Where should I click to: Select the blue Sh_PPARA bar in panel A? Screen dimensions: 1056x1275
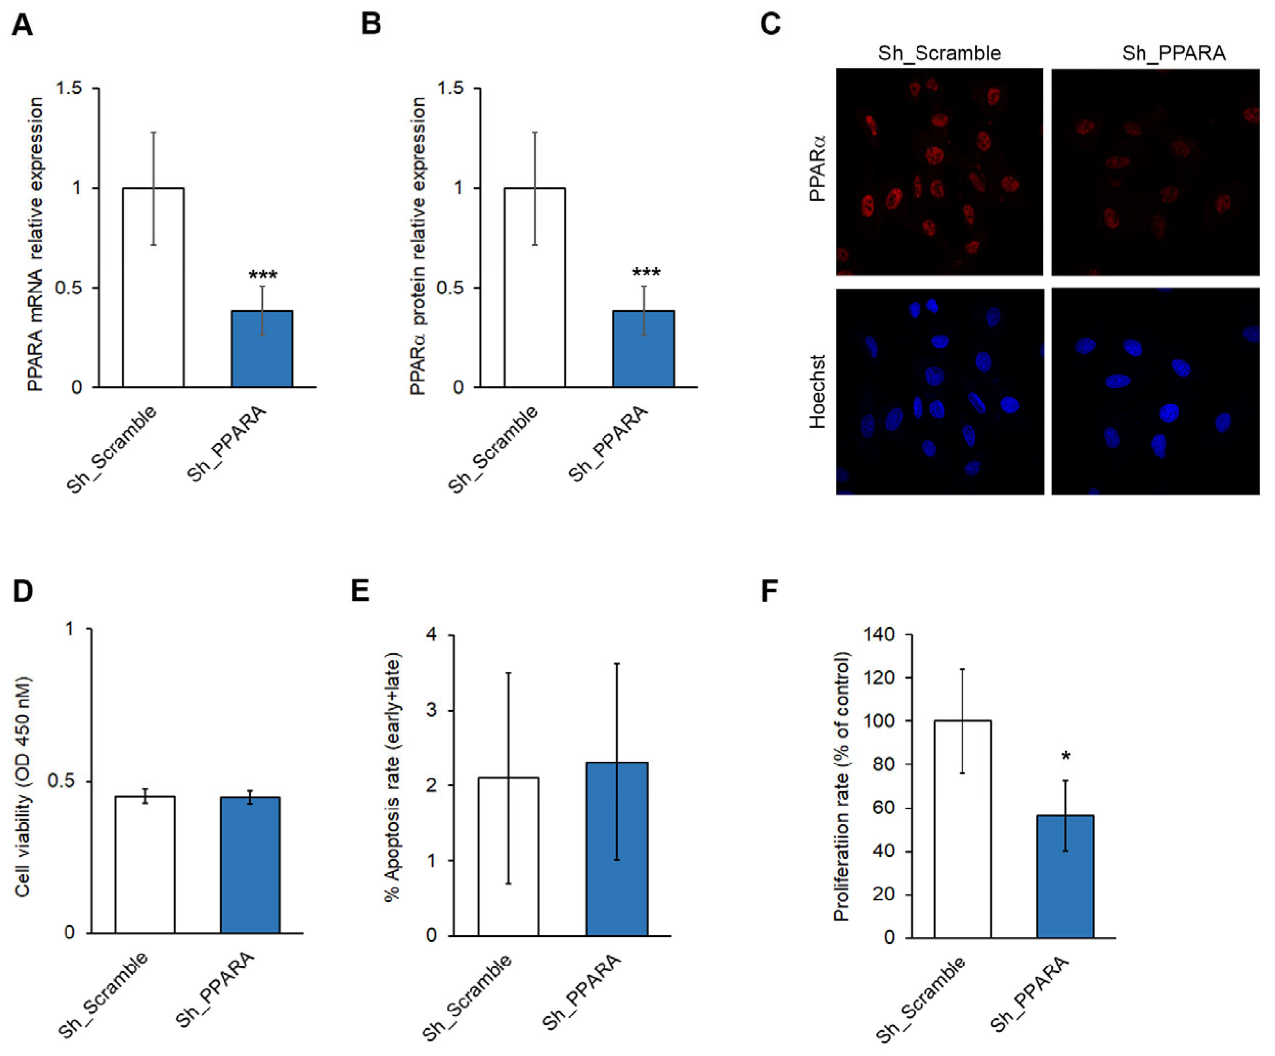pyautogui.click(x=262, y=349)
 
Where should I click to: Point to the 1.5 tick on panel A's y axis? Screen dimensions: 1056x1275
pyautogui.click(x=68, y=89)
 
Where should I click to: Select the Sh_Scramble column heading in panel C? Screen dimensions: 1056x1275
pyautogui.click(x=939, y=54)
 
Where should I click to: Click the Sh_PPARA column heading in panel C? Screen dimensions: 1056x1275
pyautogui.click(x=1173, y=54)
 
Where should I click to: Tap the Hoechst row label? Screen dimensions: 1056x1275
pyautogui.click(x=818, y=392)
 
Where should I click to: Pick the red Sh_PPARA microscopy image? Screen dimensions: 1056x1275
pyautogui.click(x=1155, y=172)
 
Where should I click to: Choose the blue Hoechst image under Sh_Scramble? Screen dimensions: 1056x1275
pyautogui.click(x=939, y=392)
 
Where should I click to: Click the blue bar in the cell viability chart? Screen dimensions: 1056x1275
pyautogui.click(x=250, y=865)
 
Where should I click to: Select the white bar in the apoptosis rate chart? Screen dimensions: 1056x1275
pyautogui.click(x=508, y=856)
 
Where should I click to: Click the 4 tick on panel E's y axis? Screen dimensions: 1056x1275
pyautogui.click(x=432, y=634)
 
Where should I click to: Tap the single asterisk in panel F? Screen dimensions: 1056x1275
pyautogui.click(x=1066, y=757)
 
